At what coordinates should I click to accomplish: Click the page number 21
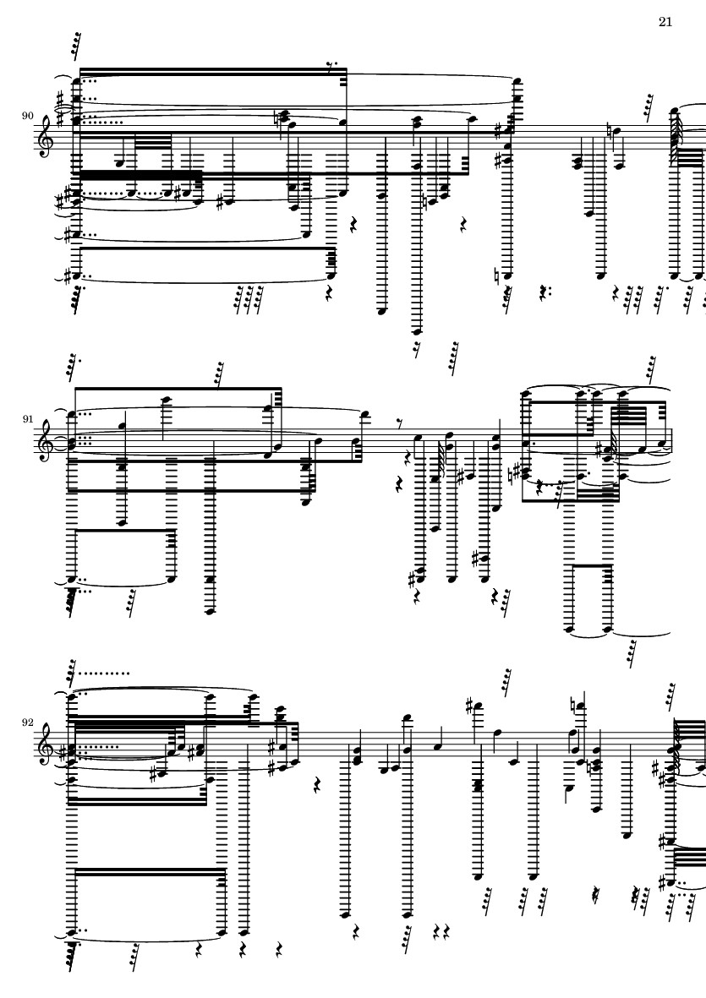pos(665,22)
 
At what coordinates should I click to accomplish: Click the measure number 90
pos(27,116)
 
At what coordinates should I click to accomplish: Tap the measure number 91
pos(27,419)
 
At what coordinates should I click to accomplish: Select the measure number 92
pos(27,723)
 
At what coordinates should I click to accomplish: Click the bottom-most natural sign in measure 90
pos(501,276)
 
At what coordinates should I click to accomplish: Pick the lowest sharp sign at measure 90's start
pos(67,275)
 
